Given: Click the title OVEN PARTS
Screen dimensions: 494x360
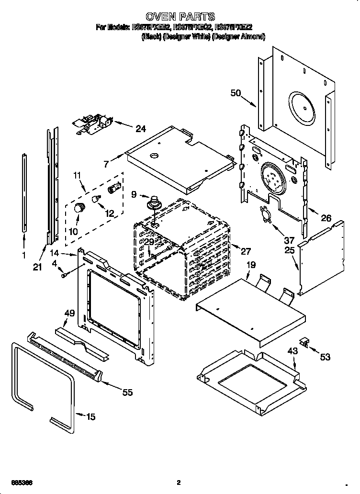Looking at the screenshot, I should click(x=180, y=17).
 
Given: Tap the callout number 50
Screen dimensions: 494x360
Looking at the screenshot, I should click(x=236, y=93).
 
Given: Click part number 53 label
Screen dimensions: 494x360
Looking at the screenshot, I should click(x=326, y=357).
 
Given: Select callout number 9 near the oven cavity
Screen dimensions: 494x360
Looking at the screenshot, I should click(x=133, y=194).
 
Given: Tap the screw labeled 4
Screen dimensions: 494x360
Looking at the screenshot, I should click(x=63, y=274).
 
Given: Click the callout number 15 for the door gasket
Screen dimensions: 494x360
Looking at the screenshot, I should click(x=90, y=417).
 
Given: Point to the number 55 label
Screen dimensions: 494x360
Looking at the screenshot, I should click(x=127, y=393).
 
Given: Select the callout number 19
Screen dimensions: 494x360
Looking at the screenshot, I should click(x=251, y=264).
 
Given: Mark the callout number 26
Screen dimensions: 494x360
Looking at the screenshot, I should click(x=326, y=218).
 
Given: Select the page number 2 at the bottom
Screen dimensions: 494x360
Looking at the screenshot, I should click(x=178, y=483).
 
